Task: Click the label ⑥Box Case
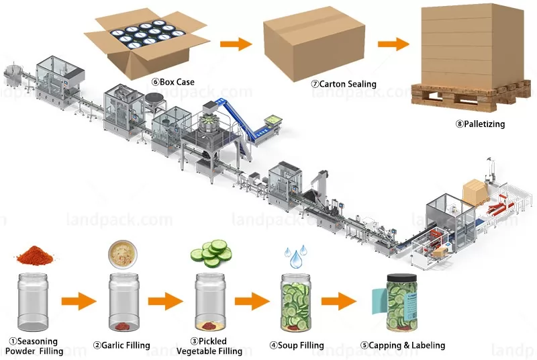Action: pyautogui.click(x=173, y=82)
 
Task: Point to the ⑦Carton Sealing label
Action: pyautogui.click(x=343, y=85)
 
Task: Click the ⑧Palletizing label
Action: pyautogui.click(x=480, y=124)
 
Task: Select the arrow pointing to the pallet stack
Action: pyautogui.click(x=393, y=44)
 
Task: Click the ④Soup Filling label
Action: pyautogui.click(x=296, y=345)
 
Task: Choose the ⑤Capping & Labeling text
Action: pyautogui.click(x=403, y=345)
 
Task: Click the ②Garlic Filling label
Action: pyautogui.click(x=124, y=345)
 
